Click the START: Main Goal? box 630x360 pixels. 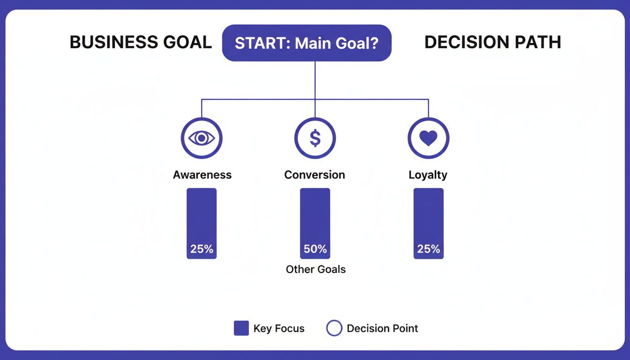(307, 43)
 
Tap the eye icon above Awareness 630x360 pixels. (202, 138)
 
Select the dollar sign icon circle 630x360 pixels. (315, 138)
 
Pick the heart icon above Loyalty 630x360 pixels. (428, 138)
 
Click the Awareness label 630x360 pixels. (202, 175)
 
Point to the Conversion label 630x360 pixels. (315, 175)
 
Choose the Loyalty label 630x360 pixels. (428, 175)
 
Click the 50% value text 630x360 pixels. (315, 249)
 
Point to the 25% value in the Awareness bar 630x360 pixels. (202, 249)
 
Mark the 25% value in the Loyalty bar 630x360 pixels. (428, 249)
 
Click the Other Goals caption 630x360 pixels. (315, 270)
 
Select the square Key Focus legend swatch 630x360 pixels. (241, 329)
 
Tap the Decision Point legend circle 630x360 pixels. (334, 329)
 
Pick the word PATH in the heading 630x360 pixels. (540, 43)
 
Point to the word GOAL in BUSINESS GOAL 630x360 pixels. (188, 43)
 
